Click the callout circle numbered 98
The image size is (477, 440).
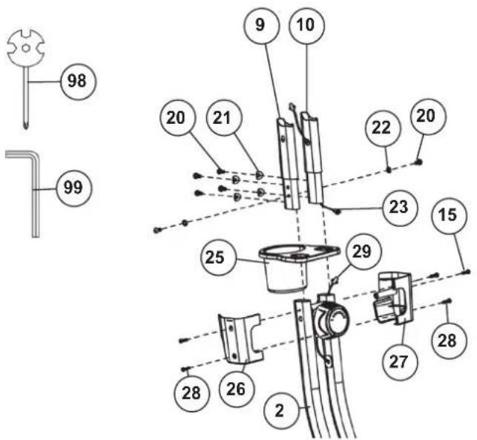click(78, 82)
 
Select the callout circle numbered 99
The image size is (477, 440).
click(73, 188)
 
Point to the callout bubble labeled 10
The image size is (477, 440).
click(306, 25)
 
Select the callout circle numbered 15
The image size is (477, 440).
click(449, 216)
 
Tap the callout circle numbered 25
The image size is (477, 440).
click(218, 258)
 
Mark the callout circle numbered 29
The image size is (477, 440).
click(363, 252)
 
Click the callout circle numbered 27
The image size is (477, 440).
click(400, 362)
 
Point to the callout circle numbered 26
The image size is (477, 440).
click(237, 390)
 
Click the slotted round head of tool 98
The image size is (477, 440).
click(26, 48)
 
